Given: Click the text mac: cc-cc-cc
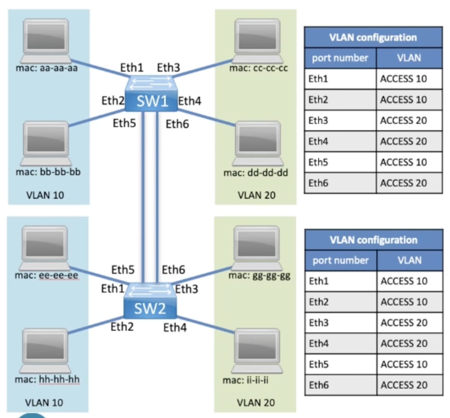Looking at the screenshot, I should click(x=258, y=68).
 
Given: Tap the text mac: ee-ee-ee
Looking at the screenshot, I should click(x=46, y=276).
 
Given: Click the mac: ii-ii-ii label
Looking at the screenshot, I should click(x=245, y=380).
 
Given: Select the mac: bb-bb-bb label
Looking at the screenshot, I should click(x=48, y=172).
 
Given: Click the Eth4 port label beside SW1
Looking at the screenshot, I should click(x=189, y=101).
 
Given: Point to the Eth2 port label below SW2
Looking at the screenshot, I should click(x=122, y=326).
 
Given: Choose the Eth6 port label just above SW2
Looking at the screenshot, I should click(x=173, y=270).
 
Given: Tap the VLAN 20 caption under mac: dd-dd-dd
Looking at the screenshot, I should click(x=256, y=195).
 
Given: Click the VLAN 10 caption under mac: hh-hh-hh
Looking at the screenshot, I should click(x=44, y=402).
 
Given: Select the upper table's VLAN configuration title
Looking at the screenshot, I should click(x=373, y=38).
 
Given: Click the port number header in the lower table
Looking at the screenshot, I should click(x=340, y=260).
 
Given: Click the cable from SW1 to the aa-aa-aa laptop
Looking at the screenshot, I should click(x=97, y=68).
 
